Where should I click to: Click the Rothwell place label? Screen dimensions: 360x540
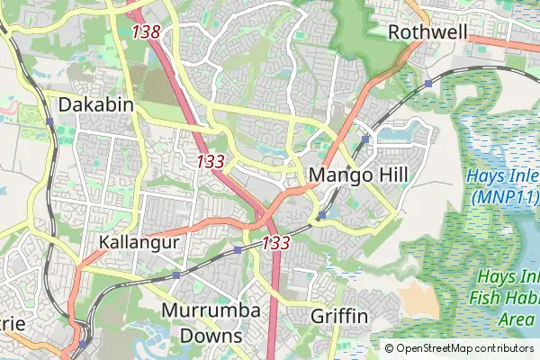(427, 32)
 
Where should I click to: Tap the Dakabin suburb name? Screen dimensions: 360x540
(95, 105)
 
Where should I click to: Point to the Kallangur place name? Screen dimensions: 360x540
(139, 243)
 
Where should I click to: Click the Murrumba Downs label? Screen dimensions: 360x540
(211, 323)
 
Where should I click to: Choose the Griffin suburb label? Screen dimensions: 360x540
(339, 317)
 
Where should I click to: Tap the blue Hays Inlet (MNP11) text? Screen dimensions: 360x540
(502, 185)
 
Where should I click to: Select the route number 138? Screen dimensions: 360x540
(145, 31)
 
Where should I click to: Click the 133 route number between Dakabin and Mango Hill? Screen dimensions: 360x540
(210, 162)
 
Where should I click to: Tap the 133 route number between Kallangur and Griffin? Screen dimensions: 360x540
(275, 243)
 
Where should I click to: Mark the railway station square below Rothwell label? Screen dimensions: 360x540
(428, 83)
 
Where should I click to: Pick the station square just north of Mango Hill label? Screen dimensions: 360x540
(365, 140)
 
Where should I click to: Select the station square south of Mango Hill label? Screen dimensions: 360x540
(321, 215)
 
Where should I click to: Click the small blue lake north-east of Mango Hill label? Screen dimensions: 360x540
(397, 135)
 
